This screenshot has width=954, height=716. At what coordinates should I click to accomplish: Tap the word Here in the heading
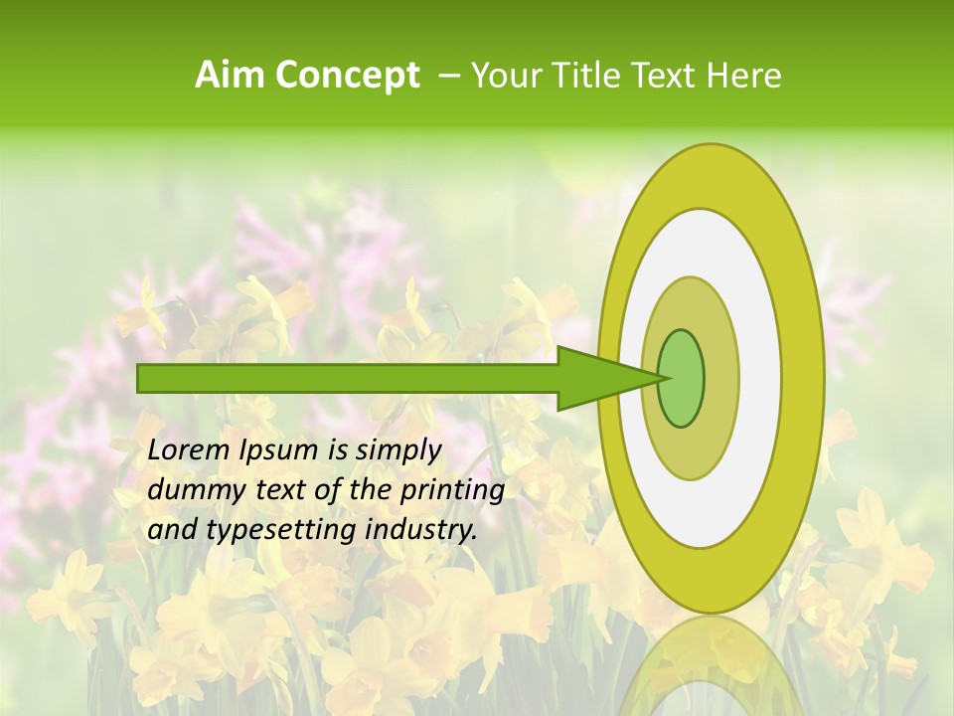click(745, 76)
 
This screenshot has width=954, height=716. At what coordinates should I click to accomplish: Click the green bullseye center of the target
click(681, 379)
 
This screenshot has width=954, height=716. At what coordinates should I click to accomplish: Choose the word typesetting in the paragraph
click(263, 531)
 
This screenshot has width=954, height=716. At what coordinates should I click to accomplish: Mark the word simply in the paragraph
click(397, 451)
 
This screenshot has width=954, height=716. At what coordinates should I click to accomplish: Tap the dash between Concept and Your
click(448, 76)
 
